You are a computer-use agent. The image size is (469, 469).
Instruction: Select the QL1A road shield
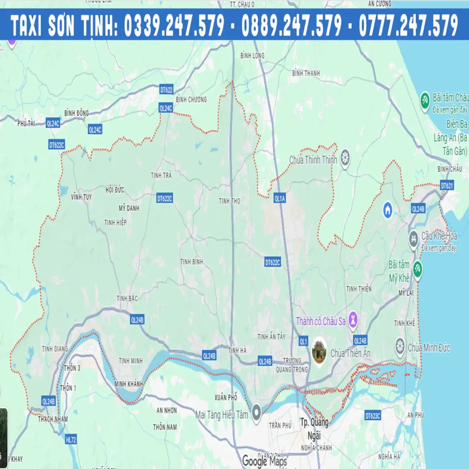(280, 199)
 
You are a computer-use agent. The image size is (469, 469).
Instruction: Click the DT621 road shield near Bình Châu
(447, 185)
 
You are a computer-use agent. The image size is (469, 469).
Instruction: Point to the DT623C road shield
(372, 416)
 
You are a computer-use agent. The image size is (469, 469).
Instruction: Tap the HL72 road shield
(71, 439)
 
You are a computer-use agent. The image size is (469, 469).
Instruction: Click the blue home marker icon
(388, 209)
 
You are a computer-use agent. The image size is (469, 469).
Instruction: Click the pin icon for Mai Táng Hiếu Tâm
(256, 413)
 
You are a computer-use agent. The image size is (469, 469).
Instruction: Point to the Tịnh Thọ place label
(229, 200)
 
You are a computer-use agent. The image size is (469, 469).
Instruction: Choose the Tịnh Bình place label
(192, 262)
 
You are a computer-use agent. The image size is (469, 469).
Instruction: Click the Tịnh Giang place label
(55, 348)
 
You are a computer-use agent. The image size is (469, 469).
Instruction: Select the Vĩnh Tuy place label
(81, 197)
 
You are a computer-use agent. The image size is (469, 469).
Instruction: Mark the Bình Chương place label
(191, 99)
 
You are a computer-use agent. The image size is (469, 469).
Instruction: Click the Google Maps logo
(264, 461)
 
